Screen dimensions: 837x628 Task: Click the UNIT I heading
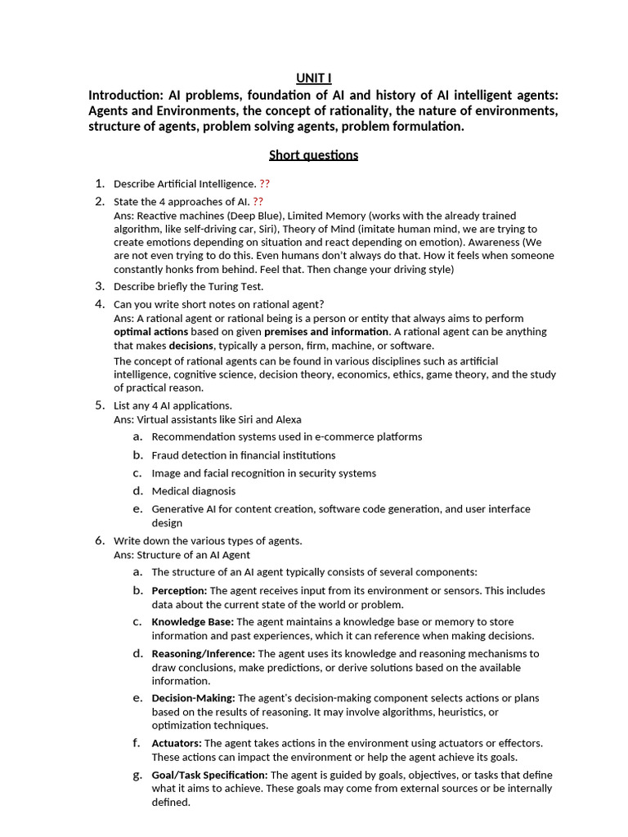point(314,78)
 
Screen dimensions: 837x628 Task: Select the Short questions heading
point(314,155)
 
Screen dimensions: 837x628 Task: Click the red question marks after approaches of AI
point(258,202)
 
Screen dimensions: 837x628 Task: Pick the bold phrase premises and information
point(326,332)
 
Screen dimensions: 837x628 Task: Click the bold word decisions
point(191,346)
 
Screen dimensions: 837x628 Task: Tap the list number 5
point(99,405)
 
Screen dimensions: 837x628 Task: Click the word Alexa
point(288,419)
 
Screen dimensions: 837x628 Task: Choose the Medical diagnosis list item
point(194,491)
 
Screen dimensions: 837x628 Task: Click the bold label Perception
point(179,590)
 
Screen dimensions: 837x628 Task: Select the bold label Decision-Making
point(194,698)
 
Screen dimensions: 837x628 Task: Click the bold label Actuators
point(177,743)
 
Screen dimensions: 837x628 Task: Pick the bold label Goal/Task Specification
point(209,775)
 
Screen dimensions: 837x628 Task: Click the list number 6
point(99,540)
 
